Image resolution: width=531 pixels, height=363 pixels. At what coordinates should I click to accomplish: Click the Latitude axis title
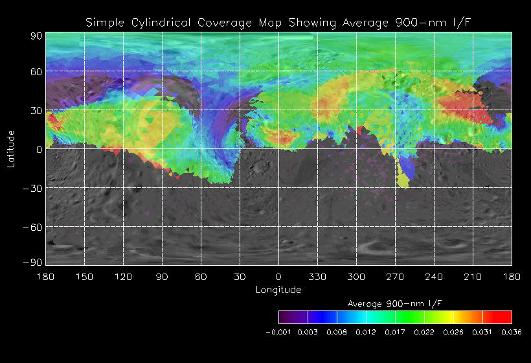tap(10, 148)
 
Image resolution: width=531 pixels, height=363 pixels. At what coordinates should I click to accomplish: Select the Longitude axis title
tap(278, 290)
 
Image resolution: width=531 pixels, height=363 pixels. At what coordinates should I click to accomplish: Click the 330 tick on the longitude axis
tap(317, 276)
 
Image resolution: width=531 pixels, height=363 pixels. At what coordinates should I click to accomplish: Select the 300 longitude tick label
tap(356, 276)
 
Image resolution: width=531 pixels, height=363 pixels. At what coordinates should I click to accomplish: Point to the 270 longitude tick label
tap(395, 276)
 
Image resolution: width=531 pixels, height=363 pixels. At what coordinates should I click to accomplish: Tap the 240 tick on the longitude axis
tap(434, 276)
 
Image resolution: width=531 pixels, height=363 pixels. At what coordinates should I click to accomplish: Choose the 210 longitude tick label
tap(473, 276)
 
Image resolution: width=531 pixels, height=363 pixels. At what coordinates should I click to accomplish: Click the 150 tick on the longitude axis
tap(84, 276)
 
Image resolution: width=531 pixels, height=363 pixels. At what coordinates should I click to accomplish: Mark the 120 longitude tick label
tap(123, 276)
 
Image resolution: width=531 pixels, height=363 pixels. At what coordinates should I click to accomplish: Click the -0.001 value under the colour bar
tap(278, 332)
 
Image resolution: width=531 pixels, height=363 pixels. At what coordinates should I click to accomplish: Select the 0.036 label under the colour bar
tap(512, 332)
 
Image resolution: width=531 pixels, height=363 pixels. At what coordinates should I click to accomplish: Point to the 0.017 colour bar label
tap(395, 332)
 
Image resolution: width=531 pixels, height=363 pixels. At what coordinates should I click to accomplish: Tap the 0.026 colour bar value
tap(453, 332)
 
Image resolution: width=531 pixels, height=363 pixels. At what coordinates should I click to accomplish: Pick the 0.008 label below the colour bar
tap(337, 332)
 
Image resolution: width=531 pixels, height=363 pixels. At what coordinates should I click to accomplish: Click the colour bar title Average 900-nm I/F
tap(395, 303)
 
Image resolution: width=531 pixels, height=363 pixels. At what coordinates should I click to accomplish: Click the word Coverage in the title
tap(223, 23)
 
